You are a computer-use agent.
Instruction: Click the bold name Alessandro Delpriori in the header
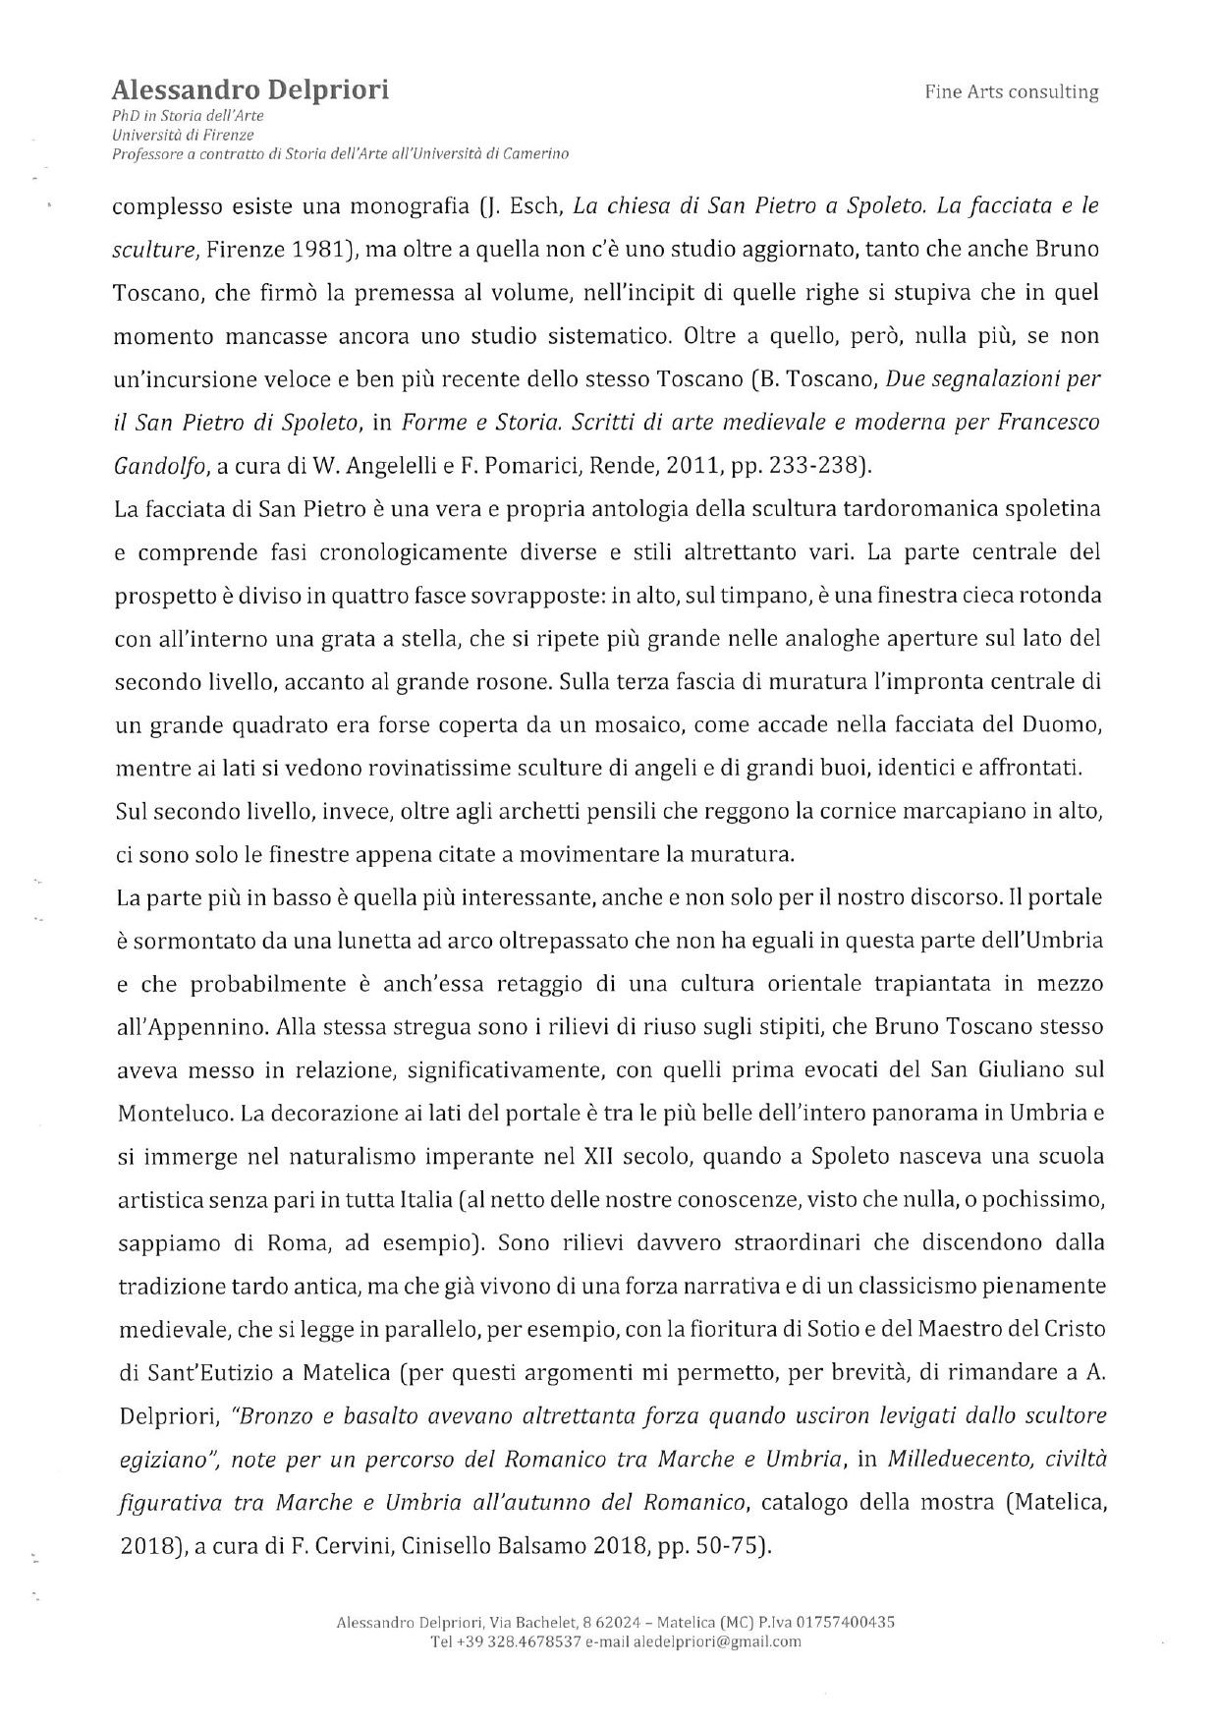[x=250, y=90]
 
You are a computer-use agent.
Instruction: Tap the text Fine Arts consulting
[x=1011, y=92]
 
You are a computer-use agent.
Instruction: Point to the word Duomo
[x=1065, y=724]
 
